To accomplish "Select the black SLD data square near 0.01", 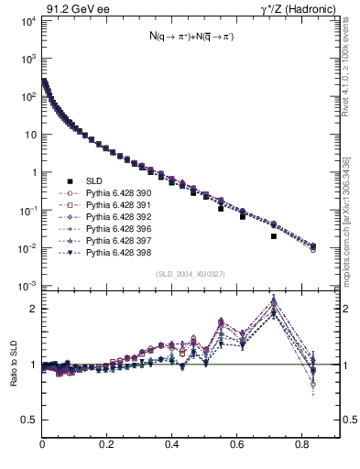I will point(274,236).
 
